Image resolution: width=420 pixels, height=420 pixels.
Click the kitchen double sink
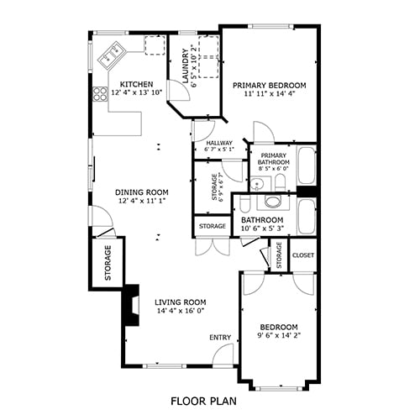tap(111, 58)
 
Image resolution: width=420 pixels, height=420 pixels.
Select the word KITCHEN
tap(135, 84)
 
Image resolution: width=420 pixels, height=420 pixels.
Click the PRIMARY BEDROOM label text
tap(269, 85)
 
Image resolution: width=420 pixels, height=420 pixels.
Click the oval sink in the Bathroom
tap(271, 202)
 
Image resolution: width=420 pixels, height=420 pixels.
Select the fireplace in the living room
tap(129, 307)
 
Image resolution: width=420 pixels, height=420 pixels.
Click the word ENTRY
tap(220, 338)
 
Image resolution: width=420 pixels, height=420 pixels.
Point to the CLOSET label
tap(302, 255)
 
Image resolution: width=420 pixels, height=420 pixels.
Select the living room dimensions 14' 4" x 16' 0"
tap(180, 311)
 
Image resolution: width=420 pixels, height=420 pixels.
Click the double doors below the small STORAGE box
tap(210, 247)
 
